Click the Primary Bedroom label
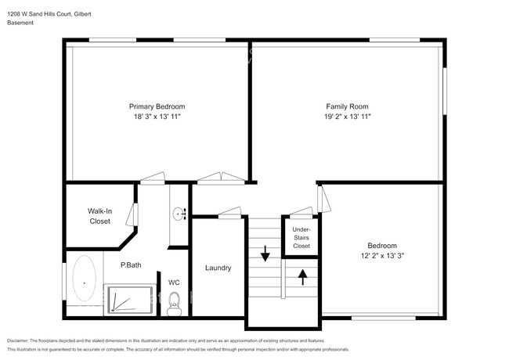157,106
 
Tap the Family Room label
347,106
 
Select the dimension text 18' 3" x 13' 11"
157,117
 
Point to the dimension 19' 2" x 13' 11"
347,117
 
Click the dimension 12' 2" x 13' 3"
382,255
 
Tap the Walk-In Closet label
99,216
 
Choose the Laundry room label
218,268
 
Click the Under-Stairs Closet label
301,237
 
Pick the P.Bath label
131,265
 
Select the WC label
174,283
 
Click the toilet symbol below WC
174,302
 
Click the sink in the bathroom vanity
179,212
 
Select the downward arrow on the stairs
265,253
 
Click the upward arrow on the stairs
302,275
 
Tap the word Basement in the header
20,23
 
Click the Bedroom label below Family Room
382,245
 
